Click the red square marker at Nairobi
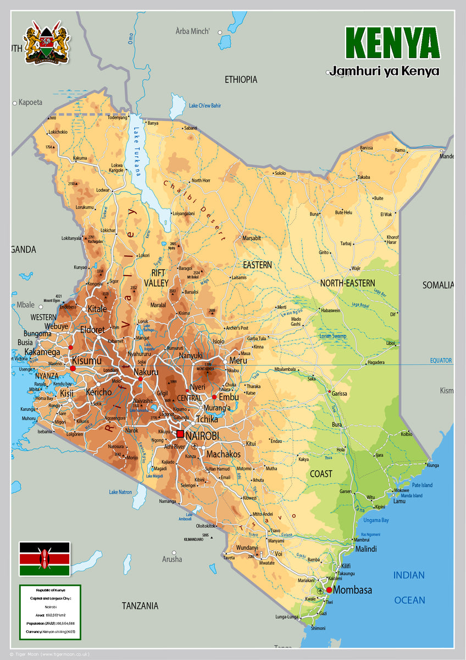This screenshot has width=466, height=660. (x=180, y=434)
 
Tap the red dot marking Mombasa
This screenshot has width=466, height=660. (x=329, y=590)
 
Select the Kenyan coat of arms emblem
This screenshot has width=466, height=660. (x=47, y=43)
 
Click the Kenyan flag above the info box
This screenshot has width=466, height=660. (x=45, y=559)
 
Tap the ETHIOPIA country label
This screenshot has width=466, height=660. (x=241, y=80)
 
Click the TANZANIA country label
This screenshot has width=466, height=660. (x=140, y=606)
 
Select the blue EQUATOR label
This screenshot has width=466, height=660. (x=441, y=361)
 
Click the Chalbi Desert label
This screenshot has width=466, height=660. (x=195, y=211)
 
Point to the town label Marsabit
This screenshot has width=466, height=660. (x=252, y=238)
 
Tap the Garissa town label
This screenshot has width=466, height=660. (x=340, y=394)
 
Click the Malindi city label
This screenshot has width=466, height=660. (x=366, y=549)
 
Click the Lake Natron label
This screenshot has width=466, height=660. (x=120, y=492)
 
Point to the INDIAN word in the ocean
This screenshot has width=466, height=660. (x=409, y=575)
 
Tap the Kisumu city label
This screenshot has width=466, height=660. (x=86, y=361)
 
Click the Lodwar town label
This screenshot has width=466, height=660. (x=103, y=190)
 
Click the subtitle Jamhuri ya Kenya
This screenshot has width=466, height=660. (x=384, y=71)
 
